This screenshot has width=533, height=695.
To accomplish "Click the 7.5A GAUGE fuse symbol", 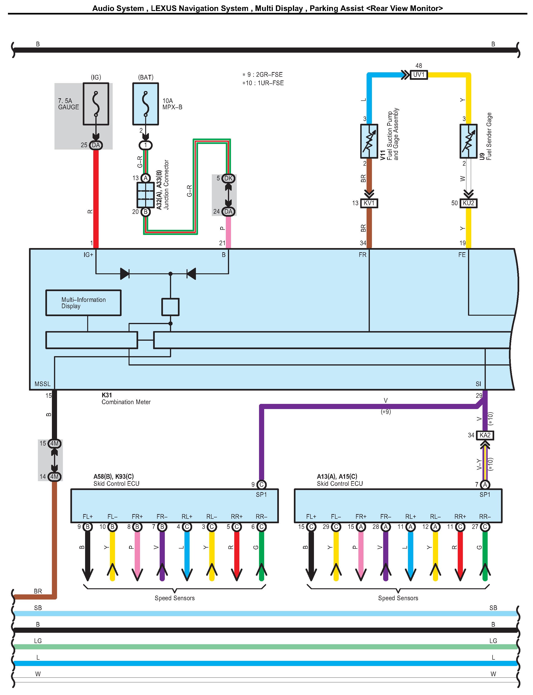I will click(x=96, y=104).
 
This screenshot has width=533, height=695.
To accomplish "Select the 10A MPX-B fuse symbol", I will click(x=146, y=104).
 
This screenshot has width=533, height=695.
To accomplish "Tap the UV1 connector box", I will click(x=419, y=75).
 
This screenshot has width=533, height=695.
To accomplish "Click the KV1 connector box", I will click(x=369, y=203).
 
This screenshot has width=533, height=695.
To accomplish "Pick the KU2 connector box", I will click(x=468, y=203).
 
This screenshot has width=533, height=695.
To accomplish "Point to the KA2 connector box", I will click(x=485, y=435).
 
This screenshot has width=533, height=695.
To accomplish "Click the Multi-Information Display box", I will click(x=83, y=303).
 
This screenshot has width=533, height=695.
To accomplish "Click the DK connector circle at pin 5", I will click(x=228, y=179).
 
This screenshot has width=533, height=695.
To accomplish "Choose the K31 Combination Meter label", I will click(x=126, y=399).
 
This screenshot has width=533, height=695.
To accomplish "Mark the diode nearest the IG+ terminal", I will click(x=125, y=274).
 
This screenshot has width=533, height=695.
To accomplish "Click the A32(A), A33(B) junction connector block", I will click(x=146, y=195).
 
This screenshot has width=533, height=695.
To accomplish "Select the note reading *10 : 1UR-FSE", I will click(x=263, y=83).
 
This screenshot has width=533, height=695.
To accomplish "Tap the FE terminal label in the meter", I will click(x=462, y=255).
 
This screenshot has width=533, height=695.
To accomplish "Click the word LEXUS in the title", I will click(x=163, y=9).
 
